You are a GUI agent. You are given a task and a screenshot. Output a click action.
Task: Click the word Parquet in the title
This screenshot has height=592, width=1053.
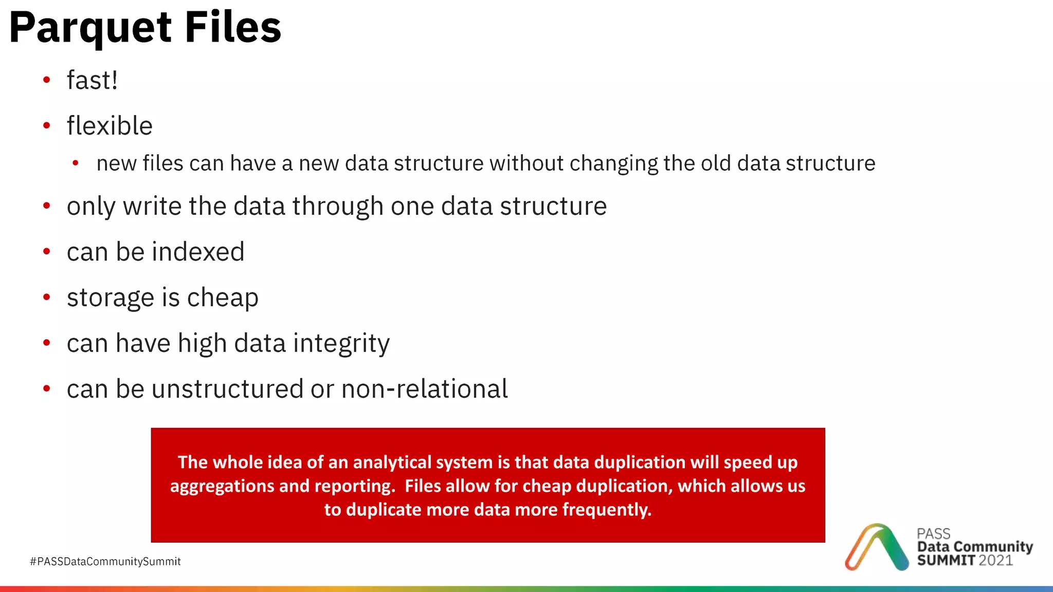(x=90, y=28)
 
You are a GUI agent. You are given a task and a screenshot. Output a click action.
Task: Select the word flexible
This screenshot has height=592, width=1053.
(x=110, y=126)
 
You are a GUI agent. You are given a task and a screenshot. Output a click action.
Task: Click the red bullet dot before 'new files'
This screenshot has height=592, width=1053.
(x=76, y=163)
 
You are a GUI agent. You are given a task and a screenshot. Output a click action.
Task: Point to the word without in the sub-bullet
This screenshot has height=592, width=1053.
(x=526, y=163)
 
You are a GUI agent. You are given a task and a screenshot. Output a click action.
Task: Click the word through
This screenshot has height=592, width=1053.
(x=338, y=206)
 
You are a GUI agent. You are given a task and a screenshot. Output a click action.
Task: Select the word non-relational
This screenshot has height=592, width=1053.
(x=425, y=389)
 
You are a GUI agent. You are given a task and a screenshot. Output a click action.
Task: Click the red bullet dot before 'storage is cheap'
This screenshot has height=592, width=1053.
(x=47, y=297)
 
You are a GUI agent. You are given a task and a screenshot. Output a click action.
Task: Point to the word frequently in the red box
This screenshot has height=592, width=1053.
(x=607, y=510)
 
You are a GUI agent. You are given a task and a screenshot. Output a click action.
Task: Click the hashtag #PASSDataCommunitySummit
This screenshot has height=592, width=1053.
(x=105, y=562)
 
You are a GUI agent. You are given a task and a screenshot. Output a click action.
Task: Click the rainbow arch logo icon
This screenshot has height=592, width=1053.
(x=876, y=547)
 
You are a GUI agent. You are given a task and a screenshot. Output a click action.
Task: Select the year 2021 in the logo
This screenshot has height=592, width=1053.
(x=995, y=561)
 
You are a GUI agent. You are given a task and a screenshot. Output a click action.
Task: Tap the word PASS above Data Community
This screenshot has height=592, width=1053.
(x=933, y=533)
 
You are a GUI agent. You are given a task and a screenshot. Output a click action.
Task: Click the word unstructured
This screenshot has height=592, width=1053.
(x=227, y=389)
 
